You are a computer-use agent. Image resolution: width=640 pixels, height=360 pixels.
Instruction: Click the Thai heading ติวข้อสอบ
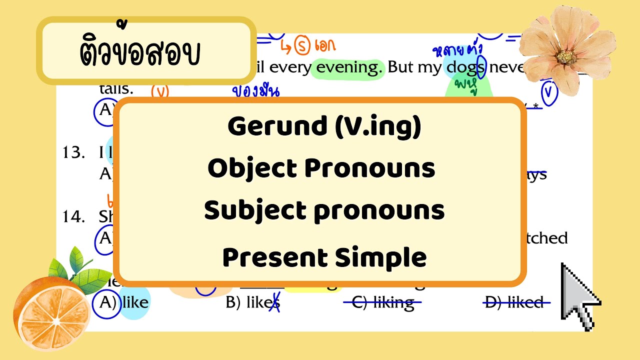[x=140, y=51]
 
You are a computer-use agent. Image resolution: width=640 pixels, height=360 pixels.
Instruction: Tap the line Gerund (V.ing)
[x=324, y=127]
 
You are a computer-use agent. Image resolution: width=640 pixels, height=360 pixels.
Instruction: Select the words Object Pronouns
[x=321, y=169]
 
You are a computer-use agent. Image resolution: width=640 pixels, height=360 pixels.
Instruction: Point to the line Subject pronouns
[x=324, y=211]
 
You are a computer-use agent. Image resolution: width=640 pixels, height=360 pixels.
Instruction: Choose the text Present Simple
[x=324, y=258]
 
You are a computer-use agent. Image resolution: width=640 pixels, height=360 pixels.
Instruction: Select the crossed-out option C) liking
[x=383, y=302]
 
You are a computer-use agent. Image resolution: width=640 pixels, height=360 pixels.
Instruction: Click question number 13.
[x=73, y=152]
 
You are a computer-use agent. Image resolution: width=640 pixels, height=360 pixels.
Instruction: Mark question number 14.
[x=73, y=216]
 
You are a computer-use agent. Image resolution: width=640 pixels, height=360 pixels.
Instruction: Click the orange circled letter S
[x=301, y=47]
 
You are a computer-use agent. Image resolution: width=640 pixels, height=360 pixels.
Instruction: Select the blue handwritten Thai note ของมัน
[x=255, y=91]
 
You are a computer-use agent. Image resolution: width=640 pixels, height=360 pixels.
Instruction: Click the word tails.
[x=116, y=89]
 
